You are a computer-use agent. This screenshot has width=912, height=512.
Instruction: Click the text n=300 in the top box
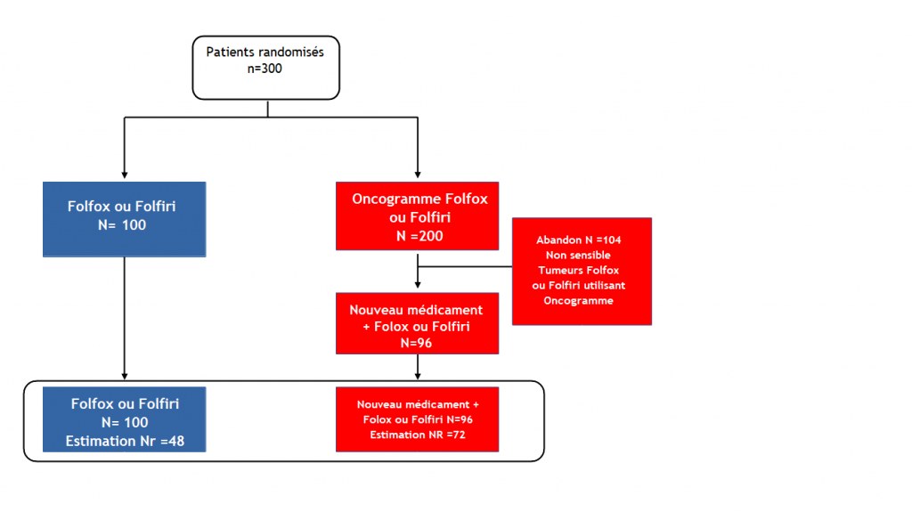(x=265, y=69)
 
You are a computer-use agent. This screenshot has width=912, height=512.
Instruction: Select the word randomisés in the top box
(x=289, y=52)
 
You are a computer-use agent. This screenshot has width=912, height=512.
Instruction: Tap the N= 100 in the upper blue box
(x=122, y=225)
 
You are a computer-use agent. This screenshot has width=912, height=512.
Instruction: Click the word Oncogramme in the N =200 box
(x=396, y=199)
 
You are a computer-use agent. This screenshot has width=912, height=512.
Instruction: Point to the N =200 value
(x=419, y=236)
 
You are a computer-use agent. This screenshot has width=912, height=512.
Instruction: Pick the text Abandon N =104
(x=579, y=240)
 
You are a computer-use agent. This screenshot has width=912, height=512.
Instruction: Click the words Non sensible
(x=578, y=255)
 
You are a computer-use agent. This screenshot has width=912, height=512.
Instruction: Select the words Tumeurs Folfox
(x=579, y=270)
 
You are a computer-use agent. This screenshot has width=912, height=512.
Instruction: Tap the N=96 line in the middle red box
(x=417, y=344)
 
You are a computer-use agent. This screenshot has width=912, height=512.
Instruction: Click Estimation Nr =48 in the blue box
(x=125, y=441)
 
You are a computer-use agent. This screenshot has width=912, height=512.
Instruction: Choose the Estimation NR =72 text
(x=418, y=435)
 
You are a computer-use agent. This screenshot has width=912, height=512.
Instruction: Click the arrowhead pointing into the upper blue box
(x=125, y=175)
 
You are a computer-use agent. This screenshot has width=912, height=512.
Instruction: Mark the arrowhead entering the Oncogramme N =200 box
(x=418, y=175)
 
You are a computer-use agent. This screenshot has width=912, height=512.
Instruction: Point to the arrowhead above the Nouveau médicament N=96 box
(x=418, y=285)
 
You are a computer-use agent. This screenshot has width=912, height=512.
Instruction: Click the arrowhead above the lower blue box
(x=125, y=377)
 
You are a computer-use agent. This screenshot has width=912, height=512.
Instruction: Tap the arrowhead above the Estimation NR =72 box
(x=418, y=377)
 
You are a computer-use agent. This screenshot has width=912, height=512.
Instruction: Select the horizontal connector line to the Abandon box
(x=465, y=266)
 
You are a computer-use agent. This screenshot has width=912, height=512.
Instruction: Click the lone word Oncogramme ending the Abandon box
(x=578, y=301)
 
